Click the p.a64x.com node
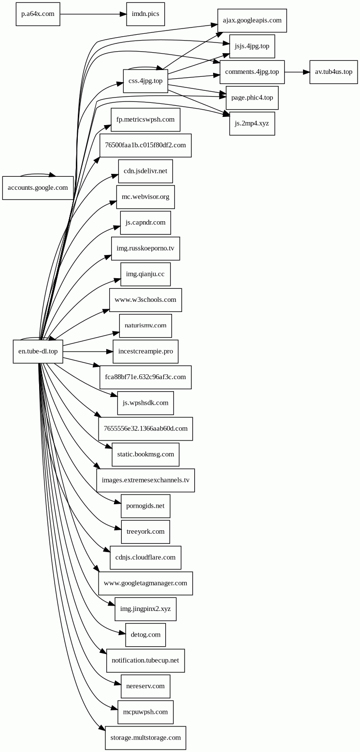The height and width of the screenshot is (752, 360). (38, 14)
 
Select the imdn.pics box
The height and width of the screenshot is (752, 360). (145, 14)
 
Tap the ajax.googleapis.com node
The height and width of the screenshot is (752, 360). (252, 20)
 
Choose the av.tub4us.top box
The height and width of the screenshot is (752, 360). (333, 72)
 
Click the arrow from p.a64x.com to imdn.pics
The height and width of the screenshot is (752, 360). (93, 14)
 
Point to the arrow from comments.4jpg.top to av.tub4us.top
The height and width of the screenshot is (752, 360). (297, 72)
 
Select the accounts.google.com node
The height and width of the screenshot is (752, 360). (38, 188)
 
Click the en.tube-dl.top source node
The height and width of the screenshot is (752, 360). (38, 352)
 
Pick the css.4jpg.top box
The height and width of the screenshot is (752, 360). (145, 81)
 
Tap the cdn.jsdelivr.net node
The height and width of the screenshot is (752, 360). (145, 171)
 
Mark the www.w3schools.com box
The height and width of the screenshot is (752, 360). (145, 300)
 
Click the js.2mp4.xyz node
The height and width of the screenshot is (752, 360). (252, 124)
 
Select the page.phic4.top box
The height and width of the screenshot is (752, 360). (252, 98)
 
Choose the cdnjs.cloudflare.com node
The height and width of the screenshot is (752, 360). (145, 558)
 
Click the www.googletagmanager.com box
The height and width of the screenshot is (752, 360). (145, 583)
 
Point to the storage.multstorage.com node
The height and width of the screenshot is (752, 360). (145, 738)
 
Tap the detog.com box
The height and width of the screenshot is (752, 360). (145, 635)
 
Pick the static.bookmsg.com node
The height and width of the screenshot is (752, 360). (145, 454)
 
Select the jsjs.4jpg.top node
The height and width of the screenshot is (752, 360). (252, 46)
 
